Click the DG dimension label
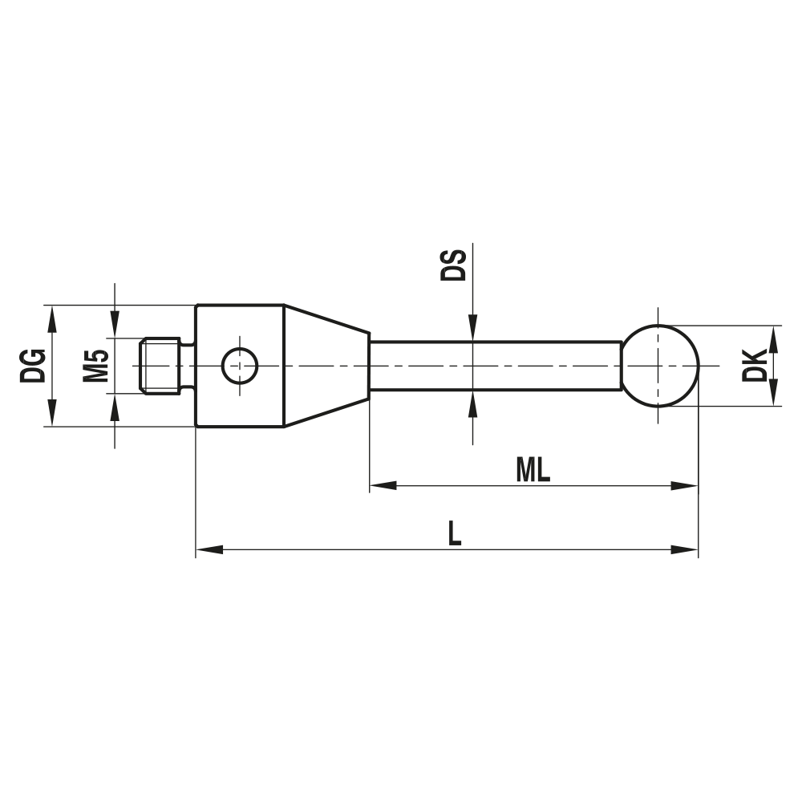click(32, 366)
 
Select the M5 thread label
click(96, 366)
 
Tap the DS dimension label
click(453, 265)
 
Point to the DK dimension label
click(755, 365)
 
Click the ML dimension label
click(533, 469)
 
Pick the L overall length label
click(454, 533)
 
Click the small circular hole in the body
click(239, 366)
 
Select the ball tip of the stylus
click(660, 366)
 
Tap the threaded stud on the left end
click(161, 366)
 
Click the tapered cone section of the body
click(327, 366)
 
